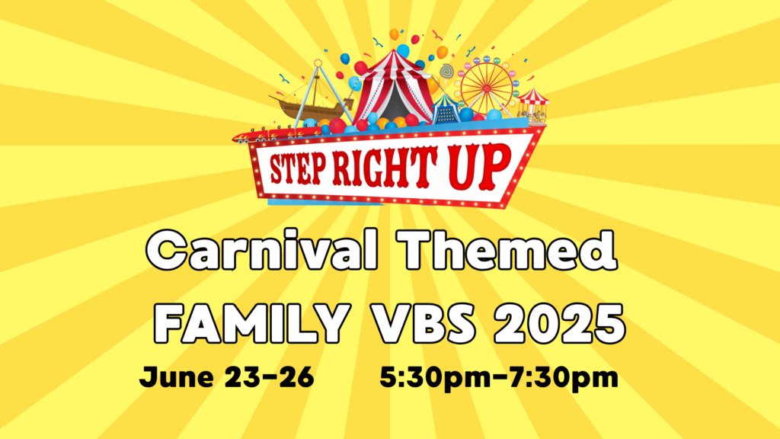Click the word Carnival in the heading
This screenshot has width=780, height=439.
(262, 249)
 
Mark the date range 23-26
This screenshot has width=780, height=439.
(270, 377)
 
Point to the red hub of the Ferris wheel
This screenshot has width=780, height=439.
(487, 88)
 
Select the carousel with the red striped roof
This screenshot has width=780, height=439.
(532, 105)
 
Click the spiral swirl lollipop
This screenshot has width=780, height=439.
(446, 71)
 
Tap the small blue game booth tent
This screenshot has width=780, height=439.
(446, 110)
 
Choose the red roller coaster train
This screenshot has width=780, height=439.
(279, 133)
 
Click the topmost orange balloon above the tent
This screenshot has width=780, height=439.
(394, 34)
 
